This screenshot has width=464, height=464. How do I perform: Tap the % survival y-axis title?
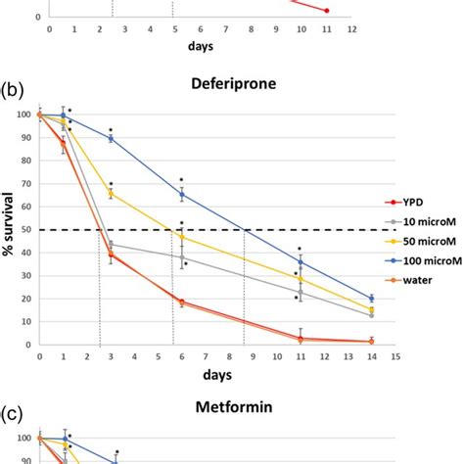point(9,229)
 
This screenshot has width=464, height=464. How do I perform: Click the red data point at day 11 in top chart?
point(326,11)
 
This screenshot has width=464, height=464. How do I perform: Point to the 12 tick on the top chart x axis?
point(351,30)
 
